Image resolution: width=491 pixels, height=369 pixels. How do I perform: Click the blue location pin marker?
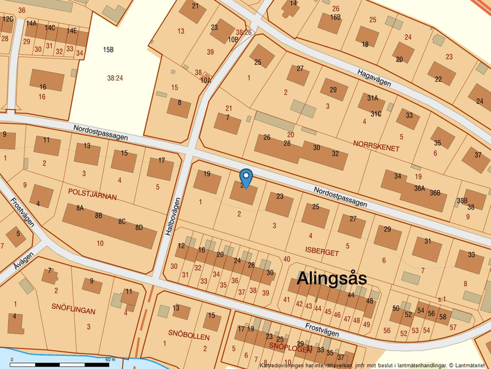(246, 177)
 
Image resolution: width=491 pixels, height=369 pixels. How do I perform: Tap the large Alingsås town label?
(331, 278)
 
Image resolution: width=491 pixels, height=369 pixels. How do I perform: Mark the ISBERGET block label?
(321, 253)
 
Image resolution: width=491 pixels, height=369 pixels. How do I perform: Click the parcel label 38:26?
(243, 32)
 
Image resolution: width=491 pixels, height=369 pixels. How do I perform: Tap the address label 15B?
(108, 50)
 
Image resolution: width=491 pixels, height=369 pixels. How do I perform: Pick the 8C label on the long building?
(121, 222)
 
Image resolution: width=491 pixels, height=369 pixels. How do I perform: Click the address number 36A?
(420, 188)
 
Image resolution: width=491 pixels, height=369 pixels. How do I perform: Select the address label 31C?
(376, 113)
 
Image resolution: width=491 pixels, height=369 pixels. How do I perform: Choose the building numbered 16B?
(336, 17)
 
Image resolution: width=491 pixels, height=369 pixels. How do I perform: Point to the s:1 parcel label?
(441, 297)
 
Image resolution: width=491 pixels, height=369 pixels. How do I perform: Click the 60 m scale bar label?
(110, 359)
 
